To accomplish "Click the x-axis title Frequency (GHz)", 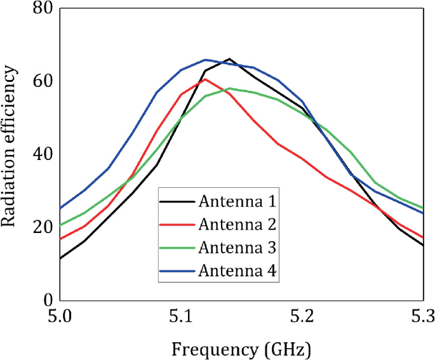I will (241, 347).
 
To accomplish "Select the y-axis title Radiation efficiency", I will (11, 154).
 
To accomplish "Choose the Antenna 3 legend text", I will (236, 246).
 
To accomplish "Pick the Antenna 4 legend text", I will (236, 269).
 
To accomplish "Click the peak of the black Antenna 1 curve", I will (229, 58).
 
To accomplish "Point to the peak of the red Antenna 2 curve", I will (205, 79).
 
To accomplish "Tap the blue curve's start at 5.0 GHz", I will (60, 208).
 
